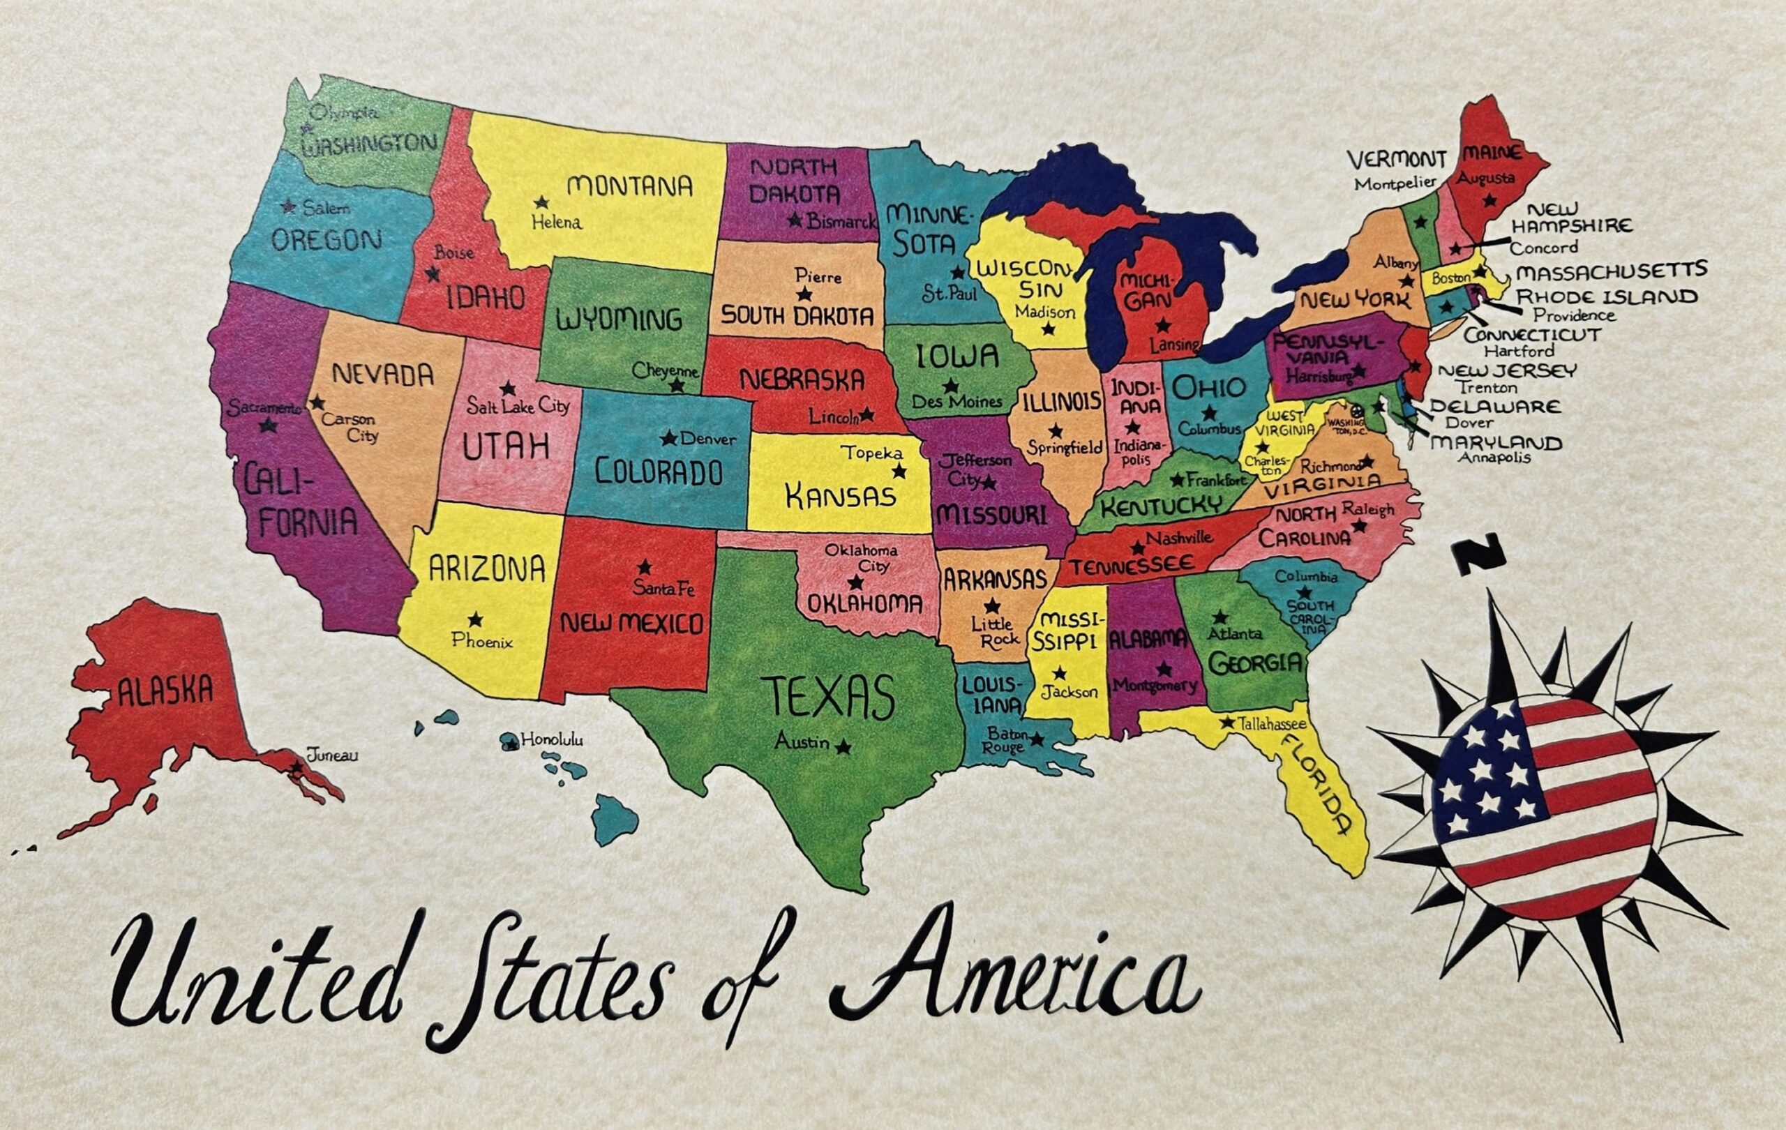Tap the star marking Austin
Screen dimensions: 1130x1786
click(842, 747)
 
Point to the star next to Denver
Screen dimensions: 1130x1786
click(669, 439)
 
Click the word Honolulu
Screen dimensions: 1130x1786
click(552, 739)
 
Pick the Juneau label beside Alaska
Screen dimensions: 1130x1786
click(331, 755)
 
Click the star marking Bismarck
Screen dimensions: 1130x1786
click(795, 220)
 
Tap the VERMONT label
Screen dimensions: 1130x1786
click(1396, 160)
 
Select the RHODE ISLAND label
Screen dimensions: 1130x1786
click(1607, 297)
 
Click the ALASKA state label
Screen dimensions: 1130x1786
click(165, 691)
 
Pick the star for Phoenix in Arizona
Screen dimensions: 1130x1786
click(475, 619)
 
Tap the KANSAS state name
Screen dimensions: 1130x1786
click(841, 495)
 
